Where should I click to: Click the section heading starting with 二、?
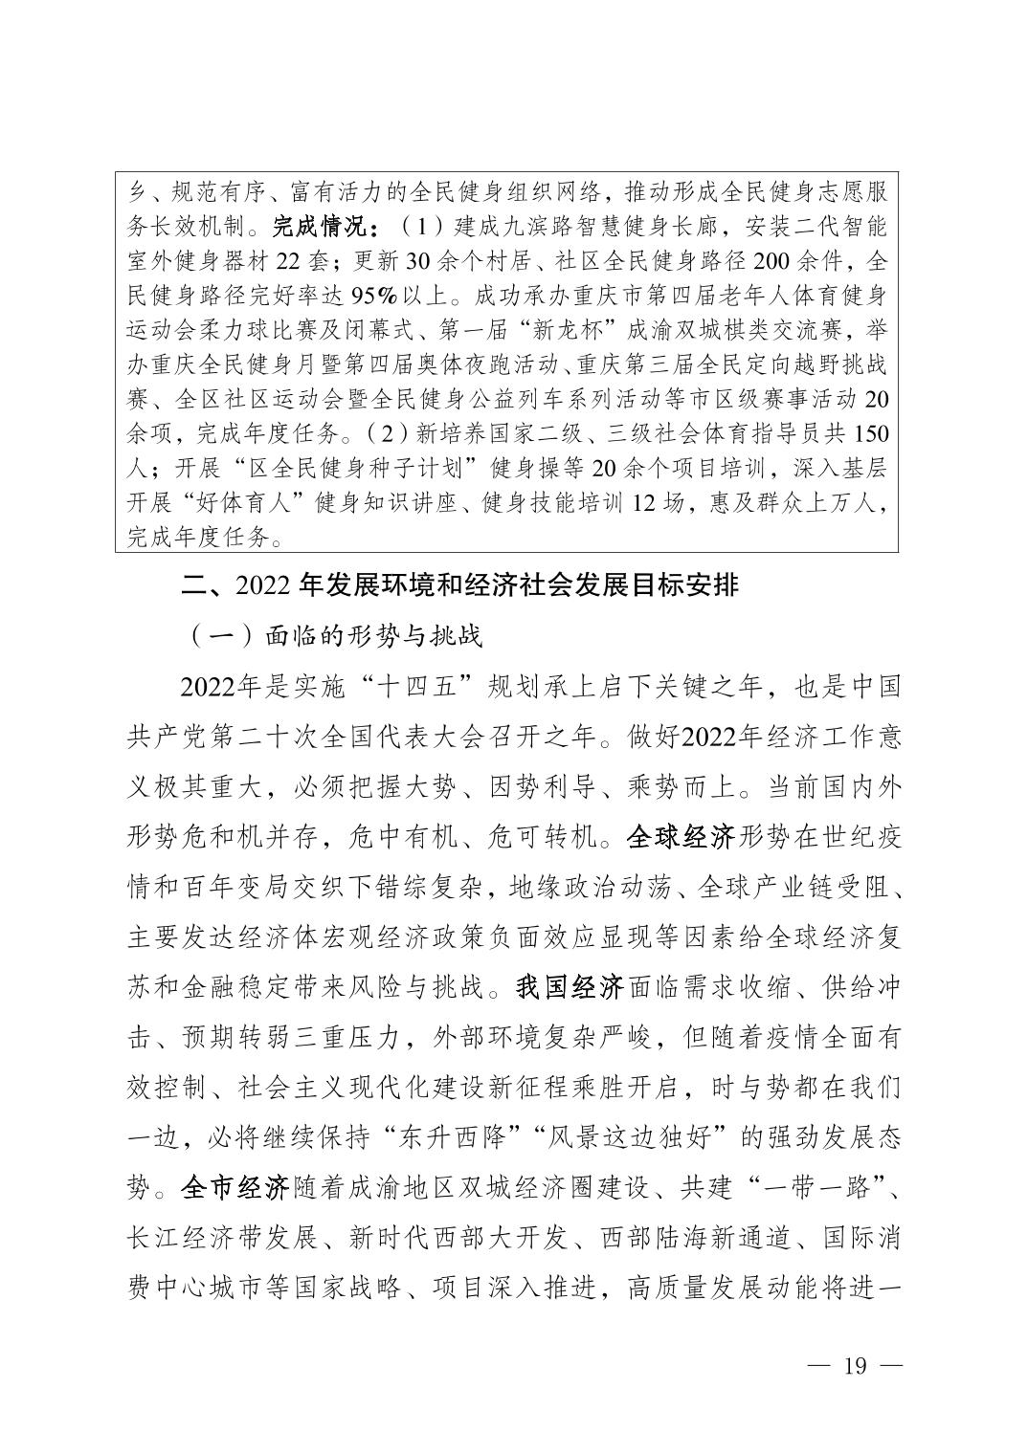(x=460, y=584)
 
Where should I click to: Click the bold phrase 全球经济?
(x=680, y=838)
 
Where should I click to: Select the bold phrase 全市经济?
(x=235, y=1188)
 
